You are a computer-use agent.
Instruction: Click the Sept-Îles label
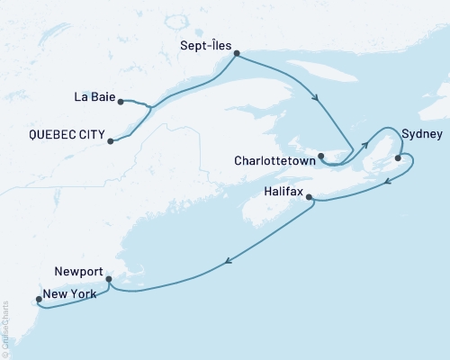point(210,41)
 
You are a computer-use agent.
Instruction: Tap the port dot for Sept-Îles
point(237,54)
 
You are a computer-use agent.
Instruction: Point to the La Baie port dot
point(121,101)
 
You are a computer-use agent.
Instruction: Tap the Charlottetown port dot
point(321,157)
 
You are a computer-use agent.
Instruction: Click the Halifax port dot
point(309,197)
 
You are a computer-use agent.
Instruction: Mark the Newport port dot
point(108,279)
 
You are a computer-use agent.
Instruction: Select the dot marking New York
point(38,300)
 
